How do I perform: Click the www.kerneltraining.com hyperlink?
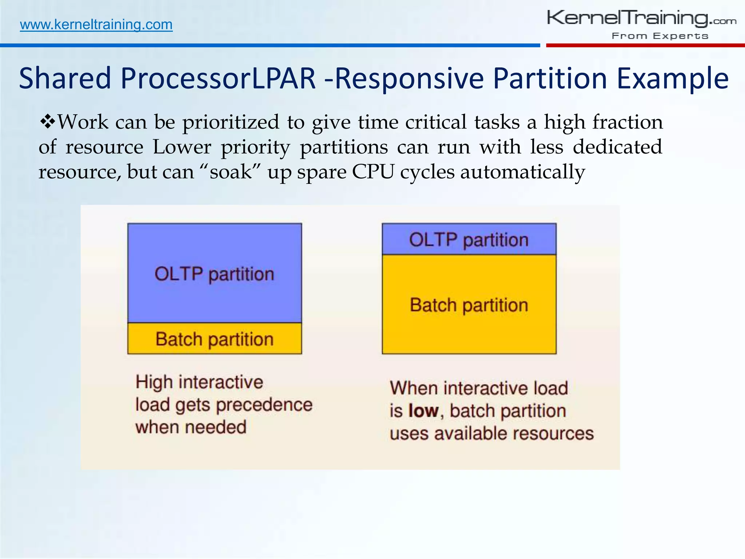point(96,25)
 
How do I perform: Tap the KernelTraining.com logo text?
point(641,19)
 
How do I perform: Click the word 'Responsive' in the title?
point(409,79)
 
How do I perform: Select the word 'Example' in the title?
point(673,79)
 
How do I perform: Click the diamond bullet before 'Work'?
point(47,122)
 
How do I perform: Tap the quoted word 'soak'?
point(231,172)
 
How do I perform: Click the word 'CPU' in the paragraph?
point(373,172)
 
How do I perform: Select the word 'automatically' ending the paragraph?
point(522,172)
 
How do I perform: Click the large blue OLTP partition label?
point(214,274)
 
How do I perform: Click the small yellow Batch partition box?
point(214,338)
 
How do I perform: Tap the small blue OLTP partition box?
point(469,239)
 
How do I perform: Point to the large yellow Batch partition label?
point(469,305)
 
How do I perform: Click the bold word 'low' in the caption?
point(423,411)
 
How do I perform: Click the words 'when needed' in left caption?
point(191,427)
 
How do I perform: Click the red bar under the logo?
point(645,45)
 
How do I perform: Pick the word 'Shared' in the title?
point(65,79)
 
